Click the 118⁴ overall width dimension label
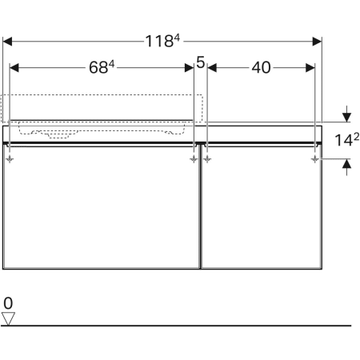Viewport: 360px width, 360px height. [x=162, y=42]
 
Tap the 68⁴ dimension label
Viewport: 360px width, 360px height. [x=102, y=67]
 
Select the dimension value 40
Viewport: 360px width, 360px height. [x=261, y=68]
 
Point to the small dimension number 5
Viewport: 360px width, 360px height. [x=201, y=62]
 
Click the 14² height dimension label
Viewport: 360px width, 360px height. [x=346, y=140]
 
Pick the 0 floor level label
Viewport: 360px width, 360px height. [x=8, y=303]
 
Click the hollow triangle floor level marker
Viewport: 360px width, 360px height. [x=8, y=318]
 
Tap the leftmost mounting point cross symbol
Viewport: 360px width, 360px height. [x=10, y=159]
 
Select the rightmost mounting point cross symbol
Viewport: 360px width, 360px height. [x=315, y=159]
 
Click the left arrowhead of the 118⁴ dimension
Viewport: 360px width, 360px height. [x=7, y=42]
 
